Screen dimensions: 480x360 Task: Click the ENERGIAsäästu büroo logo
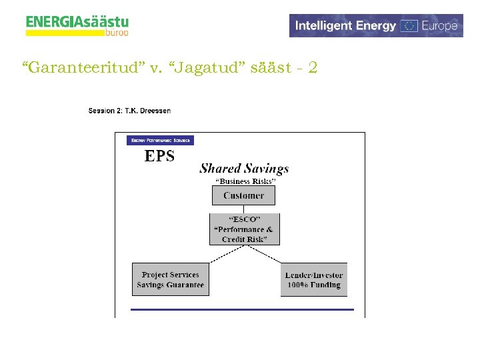77,25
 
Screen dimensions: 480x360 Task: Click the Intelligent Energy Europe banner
376,25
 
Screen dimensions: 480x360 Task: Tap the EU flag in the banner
409,26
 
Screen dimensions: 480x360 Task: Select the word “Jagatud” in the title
214,67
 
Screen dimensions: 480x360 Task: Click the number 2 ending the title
313,67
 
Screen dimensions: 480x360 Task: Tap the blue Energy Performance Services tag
160,140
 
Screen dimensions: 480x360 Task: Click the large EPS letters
160,156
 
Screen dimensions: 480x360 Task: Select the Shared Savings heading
244,169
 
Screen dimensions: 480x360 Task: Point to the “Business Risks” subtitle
244,181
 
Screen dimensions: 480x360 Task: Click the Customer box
243,195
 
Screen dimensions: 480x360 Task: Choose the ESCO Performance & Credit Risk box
244,229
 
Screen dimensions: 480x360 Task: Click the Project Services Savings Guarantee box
170,279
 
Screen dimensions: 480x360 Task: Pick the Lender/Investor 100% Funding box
314,280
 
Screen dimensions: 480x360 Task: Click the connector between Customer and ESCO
243,209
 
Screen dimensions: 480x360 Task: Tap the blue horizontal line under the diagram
242,309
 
